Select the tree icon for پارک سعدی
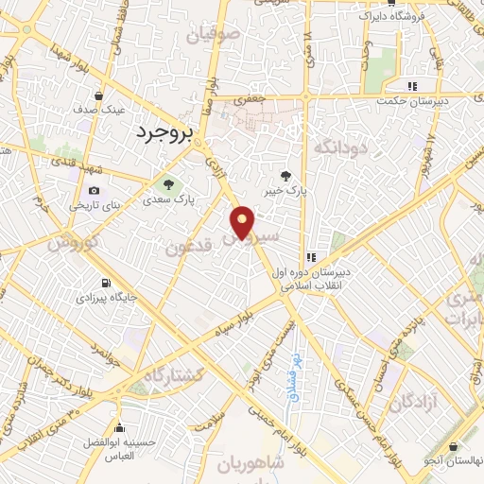(168, 184)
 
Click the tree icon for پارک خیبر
(286, 175)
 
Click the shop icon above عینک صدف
(99, 95)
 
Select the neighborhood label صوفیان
(214, 38)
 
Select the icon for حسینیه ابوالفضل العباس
(120, 428)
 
